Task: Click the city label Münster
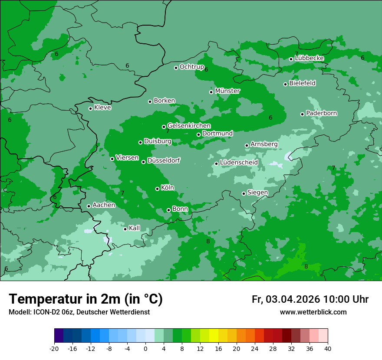227,91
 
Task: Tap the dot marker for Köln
158,189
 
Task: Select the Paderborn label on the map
322,113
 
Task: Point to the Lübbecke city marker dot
291,59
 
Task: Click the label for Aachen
104,205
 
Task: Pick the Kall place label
135,228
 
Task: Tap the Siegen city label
257,193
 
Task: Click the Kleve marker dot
91,108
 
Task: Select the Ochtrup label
192,67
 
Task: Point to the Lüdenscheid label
239,163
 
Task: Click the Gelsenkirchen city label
189,126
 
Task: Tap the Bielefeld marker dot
286,84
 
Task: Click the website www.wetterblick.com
313,312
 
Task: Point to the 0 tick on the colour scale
145,348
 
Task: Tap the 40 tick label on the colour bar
327,348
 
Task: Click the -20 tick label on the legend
54,348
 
